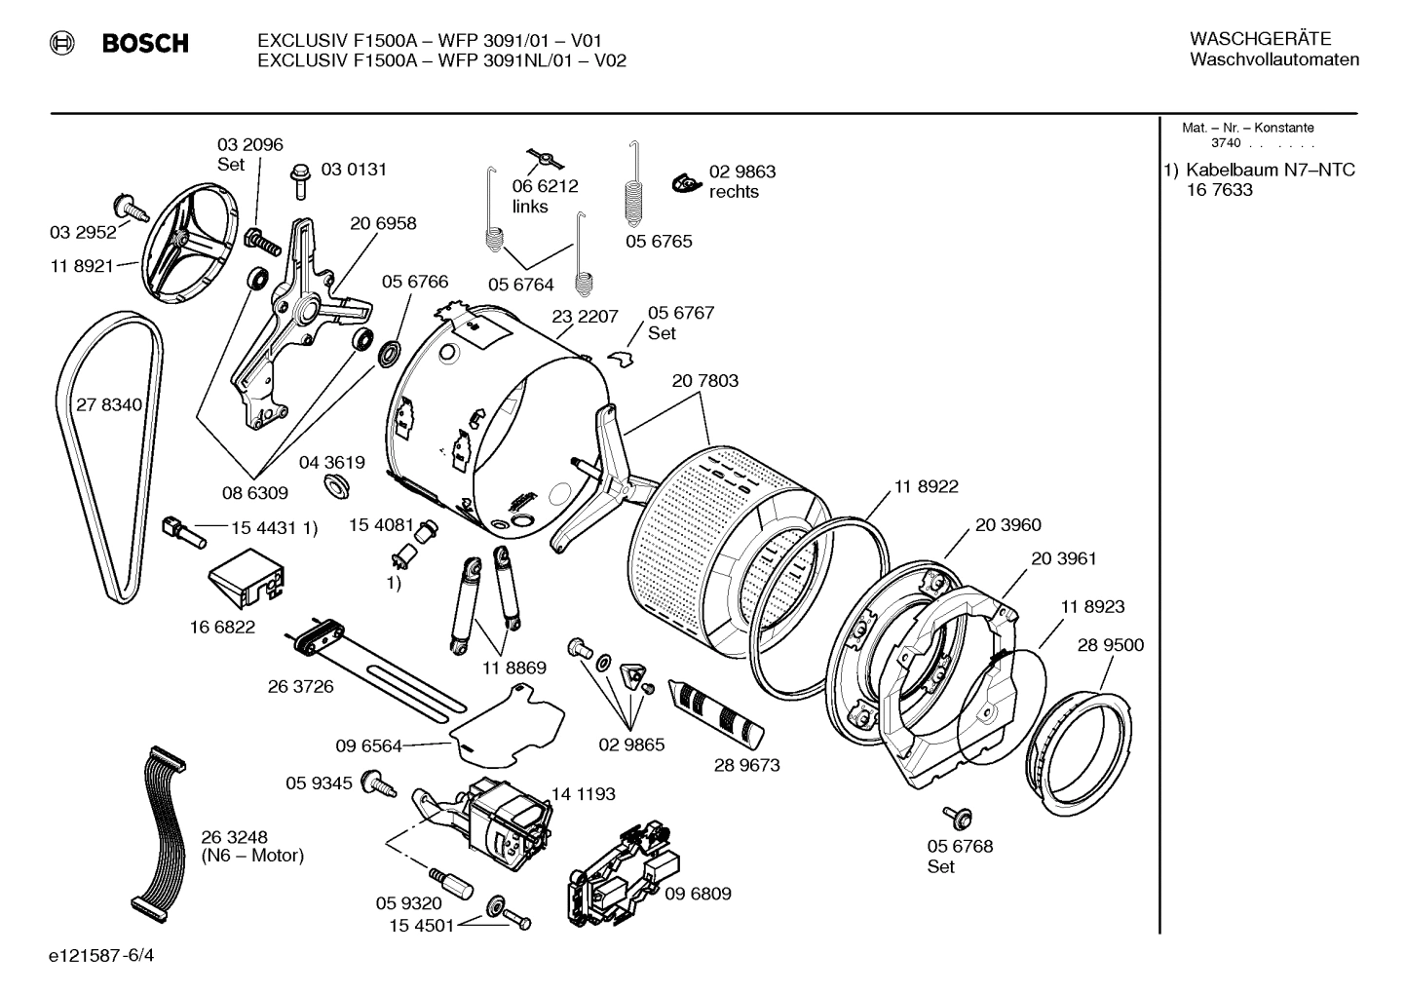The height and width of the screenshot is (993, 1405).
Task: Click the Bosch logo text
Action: (x=144, y=43)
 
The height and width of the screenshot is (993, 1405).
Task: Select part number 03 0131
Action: (x=354, y=170)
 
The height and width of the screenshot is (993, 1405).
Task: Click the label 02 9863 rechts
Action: (x=741, y=181)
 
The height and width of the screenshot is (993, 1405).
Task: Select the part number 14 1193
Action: (x=583, y=794)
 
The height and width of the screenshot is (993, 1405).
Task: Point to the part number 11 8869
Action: (x=513, y=668)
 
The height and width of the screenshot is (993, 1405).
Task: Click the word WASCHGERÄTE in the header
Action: (x=1259, y=39)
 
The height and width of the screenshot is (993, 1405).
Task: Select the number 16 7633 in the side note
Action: (x=1219, y=190)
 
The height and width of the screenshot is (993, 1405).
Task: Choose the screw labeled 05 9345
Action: (x=376, y=783)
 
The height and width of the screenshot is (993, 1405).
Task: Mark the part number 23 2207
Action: (x=585, y=317)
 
